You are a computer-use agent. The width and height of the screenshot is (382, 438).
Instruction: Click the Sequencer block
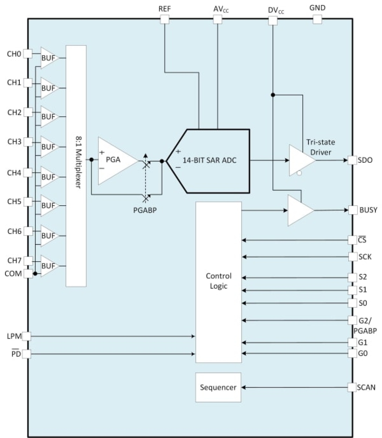[218, 387]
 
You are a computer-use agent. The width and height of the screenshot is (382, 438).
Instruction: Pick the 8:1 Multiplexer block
[76, 166]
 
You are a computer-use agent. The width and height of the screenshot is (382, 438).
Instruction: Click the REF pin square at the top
[165, 19]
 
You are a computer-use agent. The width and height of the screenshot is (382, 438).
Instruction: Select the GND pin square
[317, 19]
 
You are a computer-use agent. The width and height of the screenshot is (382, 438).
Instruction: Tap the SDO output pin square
[352, 160]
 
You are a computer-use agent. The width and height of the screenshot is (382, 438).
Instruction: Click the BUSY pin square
[353, 210]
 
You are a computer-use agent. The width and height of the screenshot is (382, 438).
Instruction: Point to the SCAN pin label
[366, 387]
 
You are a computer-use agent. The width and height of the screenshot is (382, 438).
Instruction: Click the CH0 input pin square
[28, 54]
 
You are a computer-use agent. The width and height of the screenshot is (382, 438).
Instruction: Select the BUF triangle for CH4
[49, 177]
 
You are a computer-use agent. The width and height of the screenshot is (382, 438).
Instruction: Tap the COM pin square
[28, 273]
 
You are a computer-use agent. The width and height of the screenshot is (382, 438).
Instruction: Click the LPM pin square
[26, 336]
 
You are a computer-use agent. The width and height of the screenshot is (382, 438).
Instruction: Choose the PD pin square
[26, 354]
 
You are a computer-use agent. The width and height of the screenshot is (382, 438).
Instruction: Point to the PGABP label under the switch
[145, 210]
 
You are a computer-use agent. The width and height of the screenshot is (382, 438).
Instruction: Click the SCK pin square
[353, 257]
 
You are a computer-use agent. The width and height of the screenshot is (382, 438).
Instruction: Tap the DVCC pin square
[273, 20]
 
